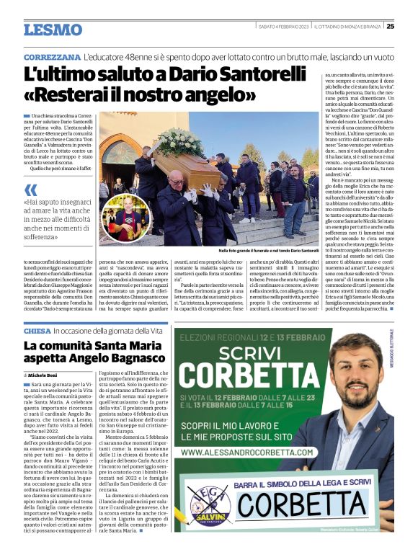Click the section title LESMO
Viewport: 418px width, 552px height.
tap(53, 30)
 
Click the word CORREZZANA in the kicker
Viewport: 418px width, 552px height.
tap(52, 56)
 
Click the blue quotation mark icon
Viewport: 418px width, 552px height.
tap(30, 190)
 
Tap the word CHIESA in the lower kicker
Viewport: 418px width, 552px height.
tap(37, 331)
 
